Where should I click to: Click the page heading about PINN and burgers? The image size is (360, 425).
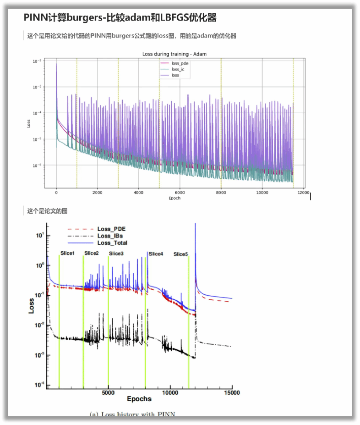point(120,18)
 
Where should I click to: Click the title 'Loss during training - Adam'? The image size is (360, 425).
point(174,54)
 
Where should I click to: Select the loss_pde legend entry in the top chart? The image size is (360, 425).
point(180,63)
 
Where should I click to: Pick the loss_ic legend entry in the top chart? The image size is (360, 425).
point(178,69)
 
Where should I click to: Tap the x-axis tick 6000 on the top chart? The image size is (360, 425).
point(180,193)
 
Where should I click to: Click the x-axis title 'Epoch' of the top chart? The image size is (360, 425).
point(175,198)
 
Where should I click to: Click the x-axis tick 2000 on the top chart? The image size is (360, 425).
point(98,193)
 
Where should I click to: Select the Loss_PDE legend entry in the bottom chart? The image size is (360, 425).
point(111,229)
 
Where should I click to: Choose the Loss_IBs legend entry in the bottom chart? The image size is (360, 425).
point(110,236)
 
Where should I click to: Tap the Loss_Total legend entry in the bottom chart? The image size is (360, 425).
point(112,243)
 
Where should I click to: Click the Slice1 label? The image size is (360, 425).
point(67,254)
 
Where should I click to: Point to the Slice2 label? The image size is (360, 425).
point(91,253)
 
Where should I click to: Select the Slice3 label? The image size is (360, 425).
point(116,254)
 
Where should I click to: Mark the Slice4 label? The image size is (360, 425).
point(156,254)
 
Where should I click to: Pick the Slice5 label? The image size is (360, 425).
point(180,254)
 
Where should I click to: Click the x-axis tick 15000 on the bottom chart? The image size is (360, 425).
point(231,393)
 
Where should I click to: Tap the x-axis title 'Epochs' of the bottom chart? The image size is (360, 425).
point(139,399)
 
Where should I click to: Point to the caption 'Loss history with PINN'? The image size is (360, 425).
point(132,414)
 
